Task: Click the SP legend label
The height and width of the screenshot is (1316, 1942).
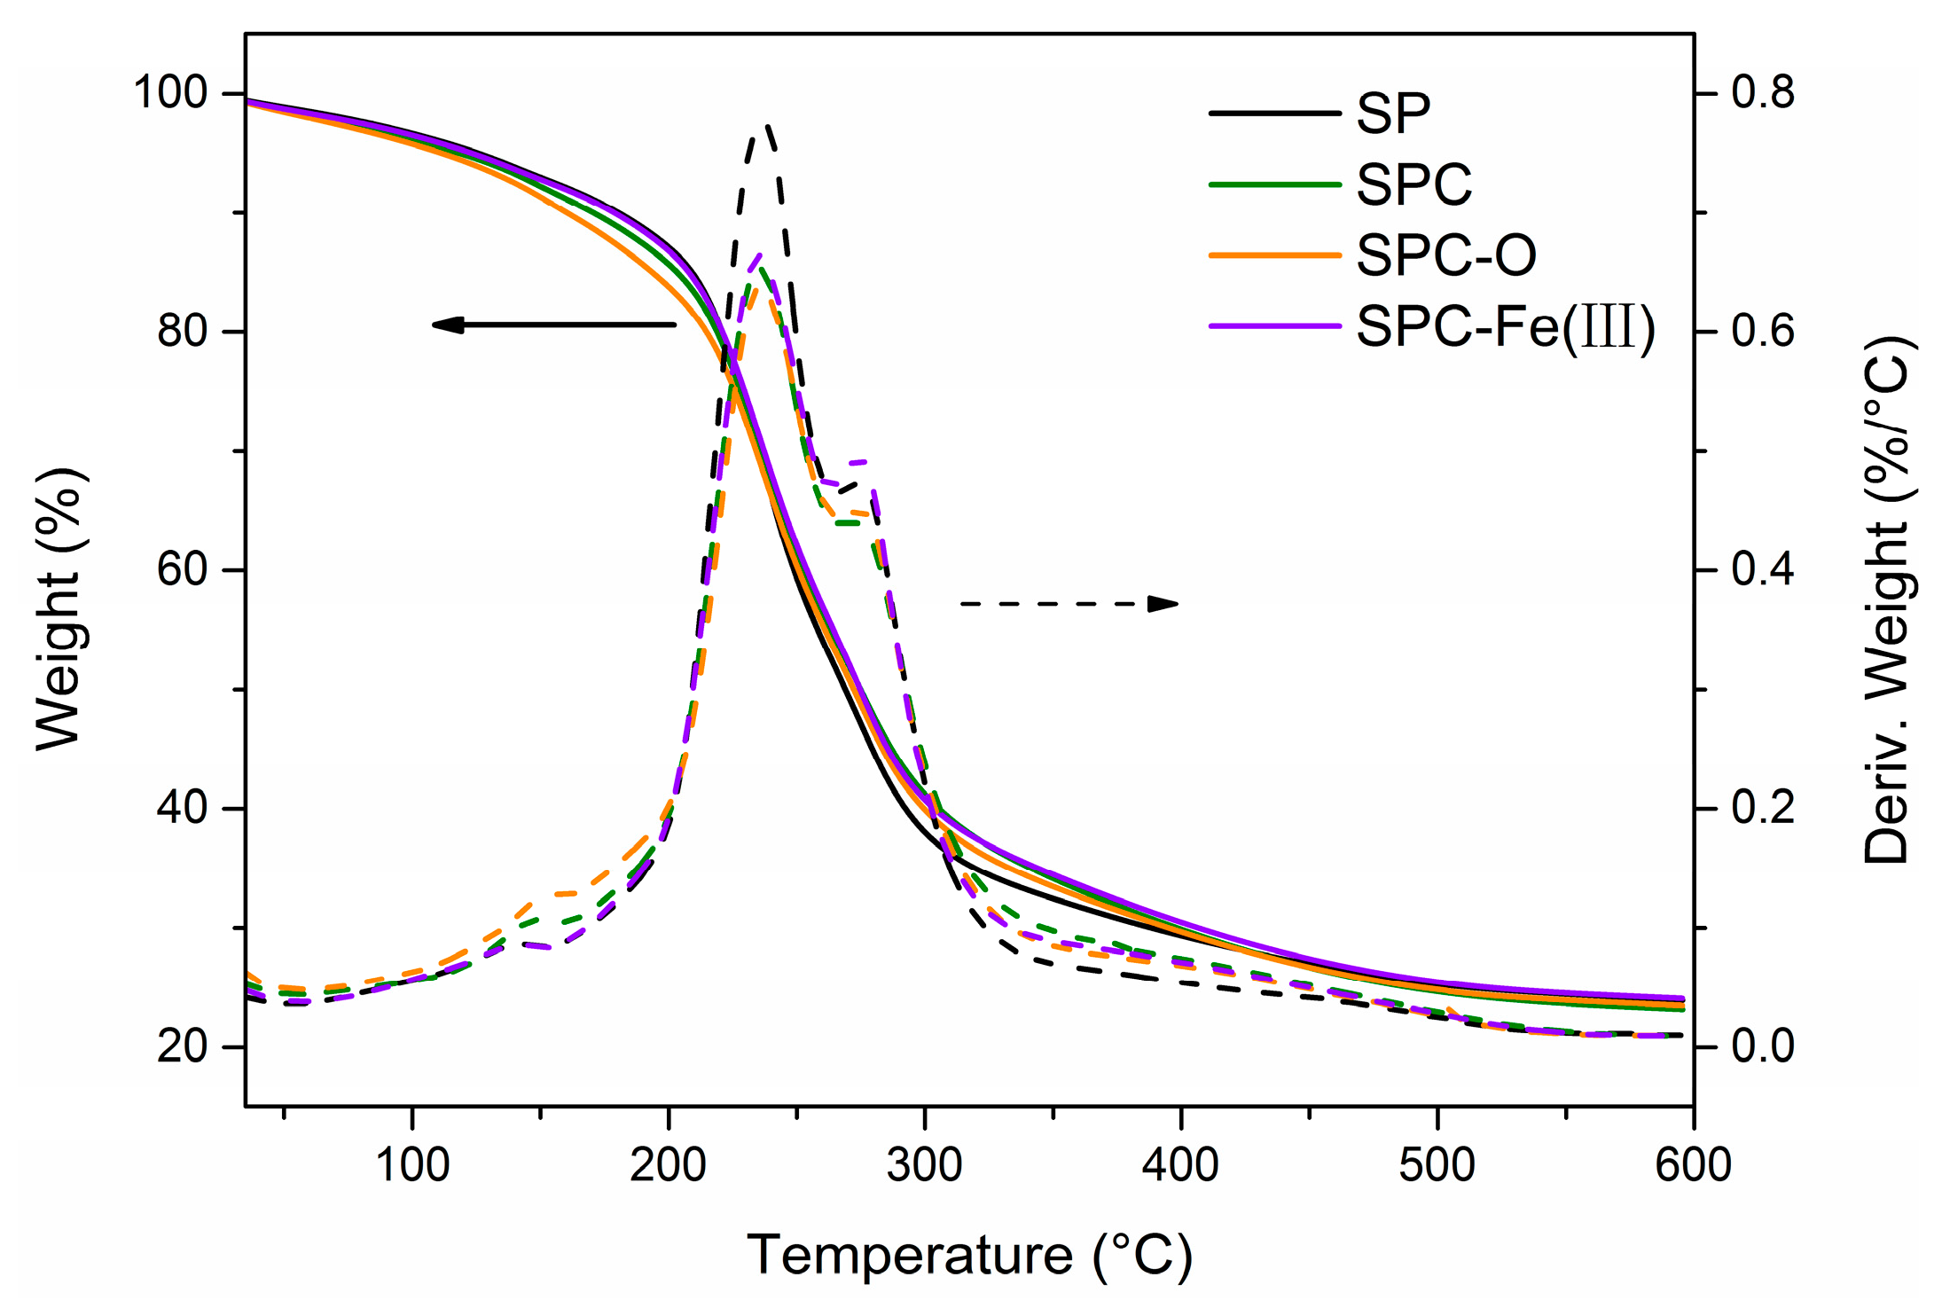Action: point(1393,114)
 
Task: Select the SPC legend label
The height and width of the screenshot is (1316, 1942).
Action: point(1413,184)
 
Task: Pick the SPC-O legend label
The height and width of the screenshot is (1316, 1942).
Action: point(1446,255)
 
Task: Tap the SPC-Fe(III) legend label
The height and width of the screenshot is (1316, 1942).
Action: point(1506,326)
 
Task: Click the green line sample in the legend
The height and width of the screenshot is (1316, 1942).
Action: point(1274,184)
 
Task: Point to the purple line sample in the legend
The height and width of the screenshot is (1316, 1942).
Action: point(1274,326)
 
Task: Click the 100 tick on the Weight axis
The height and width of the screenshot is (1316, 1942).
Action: point(169,92)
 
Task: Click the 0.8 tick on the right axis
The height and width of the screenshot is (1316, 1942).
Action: point(1763,92)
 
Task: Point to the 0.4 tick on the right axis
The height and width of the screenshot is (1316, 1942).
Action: point(1763,569)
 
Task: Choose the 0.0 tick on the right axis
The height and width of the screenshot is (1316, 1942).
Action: point(1763,1046)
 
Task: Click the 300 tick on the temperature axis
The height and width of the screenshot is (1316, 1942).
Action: point(925,1164)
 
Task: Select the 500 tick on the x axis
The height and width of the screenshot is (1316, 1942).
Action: point(1437,1164)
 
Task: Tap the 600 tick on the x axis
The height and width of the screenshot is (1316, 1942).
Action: point(1693,1164)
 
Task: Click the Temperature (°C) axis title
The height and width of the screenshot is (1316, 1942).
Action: point(969,1256)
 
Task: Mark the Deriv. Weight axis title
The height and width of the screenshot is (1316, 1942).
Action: point(1886,599)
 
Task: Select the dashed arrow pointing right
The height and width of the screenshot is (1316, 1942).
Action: point(1069,604)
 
